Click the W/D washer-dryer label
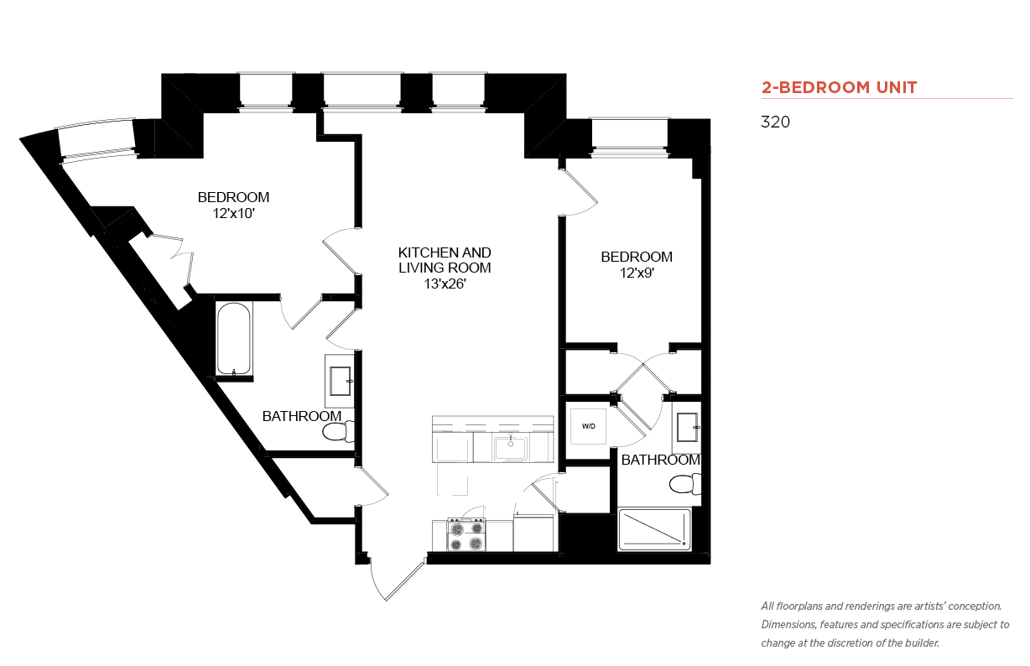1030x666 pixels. tap(588, 426)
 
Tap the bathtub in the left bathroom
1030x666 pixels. tap(233, 339)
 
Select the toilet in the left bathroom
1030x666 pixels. tap(338, 431)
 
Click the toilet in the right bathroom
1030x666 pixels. tap(685, 484)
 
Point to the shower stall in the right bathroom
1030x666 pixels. tap(654, 529)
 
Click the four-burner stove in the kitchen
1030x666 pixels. tap(466, 534)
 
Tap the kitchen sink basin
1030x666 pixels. tap(510, 449)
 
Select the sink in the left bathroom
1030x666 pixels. tap(340, 382)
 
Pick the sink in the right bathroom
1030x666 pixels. tap(687, 427)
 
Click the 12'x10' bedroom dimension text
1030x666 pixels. tap(233, 214)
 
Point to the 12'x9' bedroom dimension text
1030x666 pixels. tap(637, 273)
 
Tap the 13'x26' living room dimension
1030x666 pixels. tap(445, 284)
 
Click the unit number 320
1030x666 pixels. tap(775, 122)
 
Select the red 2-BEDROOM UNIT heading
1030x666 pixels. tap(839, 87)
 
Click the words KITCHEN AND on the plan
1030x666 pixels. tap(445, 252)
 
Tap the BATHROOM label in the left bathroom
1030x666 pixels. tap(302, 416)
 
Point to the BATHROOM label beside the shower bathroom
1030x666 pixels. tap(660, 460)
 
